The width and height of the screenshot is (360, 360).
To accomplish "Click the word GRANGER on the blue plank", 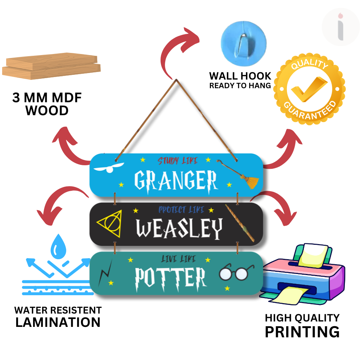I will point(176,180).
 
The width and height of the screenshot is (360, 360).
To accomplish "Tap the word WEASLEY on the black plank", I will point(180,229).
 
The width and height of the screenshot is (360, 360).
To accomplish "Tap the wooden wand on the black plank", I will point(240,223).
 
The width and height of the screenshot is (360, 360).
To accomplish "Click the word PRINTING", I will point(302,332).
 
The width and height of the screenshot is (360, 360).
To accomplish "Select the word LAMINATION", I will point(58,322).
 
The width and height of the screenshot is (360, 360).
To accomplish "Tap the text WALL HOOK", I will point(240,76).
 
